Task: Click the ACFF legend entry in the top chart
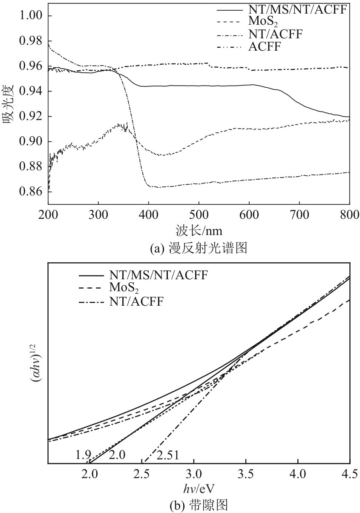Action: click(265, 47)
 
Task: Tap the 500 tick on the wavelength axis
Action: click(199, 214)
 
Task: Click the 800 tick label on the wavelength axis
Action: click(349, 214)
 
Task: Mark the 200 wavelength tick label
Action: click(49, 214)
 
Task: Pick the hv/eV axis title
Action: click(199, 487)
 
